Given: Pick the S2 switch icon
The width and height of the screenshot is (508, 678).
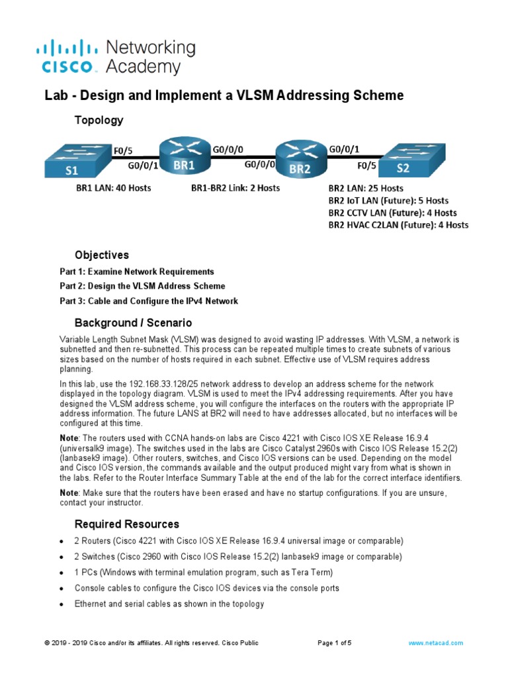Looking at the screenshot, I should (404, 161).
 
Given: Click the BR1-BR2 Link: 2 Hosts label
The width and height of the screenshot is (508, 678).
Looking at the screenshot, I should (235, 188).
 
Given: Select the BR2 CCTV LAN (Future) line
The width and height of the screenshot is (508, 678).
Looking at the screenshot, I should (392, 213).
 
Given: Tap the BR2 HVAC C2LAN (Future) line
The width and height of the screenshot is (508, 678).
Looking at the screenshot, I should (398, 225).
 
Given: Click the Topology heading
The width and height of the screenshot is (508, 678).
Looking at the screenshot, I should (99, 120).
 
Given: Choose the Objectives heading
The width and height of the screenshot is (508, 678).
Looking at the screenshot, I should (102, 255).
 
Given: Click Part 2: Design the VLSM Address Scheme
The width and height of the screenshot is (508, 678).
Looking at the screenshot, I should (142, 286).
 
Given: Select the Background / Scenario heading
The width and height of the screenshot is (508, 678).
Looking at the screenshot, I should (133, 322).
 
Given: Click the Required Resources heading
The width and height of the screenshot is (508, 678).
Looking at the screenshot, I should (126, 524).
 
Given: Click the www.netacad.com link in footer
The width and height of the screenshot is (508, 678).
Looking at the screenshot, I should (435, 643).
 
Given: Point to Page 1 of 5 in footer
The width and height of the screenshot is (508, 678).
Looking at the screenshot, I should (335, 643).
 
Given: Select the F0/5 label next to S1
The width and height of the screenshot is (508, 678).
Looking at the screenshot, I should (124, 149).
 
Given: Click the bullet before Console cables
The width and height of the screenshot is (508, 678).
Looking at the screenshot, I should (62, 589).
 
